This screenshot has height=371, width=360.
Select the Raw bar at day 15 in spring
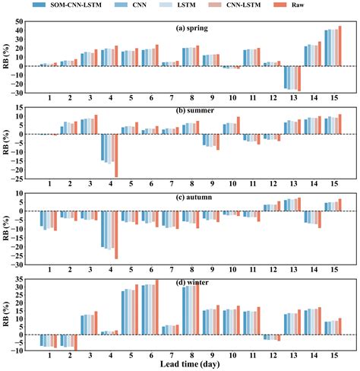pyautogui.click(x=339, y=46)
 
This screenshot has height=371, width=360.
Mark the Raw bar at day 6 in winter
pyautogui.click(x=157, y=307)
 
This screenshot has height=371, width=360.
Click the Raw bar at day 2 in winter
pyautogui.click(x=76, y=342)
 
